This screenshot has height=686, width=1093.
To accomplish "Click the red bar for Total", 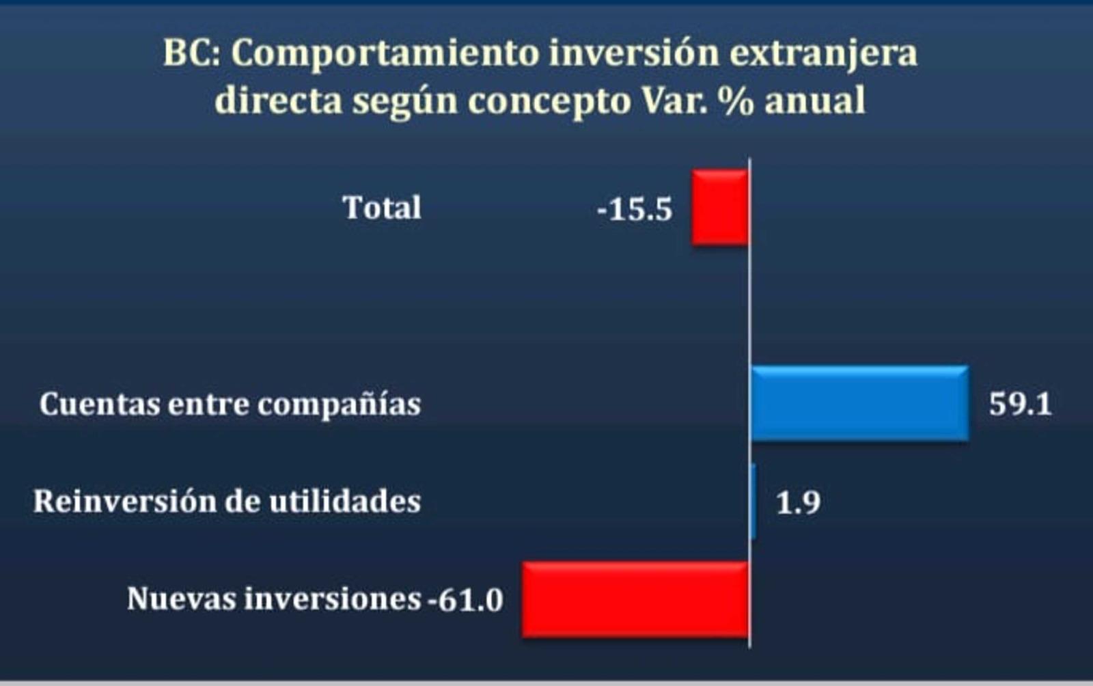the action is coord(720,207).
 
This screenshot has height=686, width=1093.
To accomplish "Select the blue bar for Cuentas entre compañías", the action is coord(860,404).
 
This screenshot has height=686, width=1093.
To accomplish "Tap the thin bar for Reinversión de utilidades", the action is coord(753,502).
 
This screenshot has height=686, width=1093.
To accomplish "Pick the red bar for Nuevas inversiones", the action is coord(635,599).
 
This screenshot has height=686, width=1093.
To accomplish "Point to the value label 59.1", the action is coord(1021,404).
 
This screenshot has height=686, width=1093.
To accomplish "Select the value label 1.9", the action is coord(799,503).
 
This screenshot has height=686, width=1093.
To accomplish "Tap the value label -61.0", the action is coord(465,600).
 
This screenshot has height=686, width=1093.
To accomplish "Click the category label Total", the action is coord(382,207).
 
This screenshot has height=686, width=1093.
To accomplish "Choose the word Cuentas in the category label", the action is coord(100,404).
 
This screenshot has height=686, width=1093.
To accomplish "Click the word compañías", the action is coord(339,405).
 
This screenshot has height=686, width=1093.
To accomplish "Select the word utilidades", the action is coord(345,501).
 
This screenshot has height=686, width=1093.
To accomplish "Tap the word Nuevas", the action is coord(182,599).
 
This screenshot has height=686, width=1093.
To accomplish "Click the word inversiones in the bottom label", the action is coord(333,599).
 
